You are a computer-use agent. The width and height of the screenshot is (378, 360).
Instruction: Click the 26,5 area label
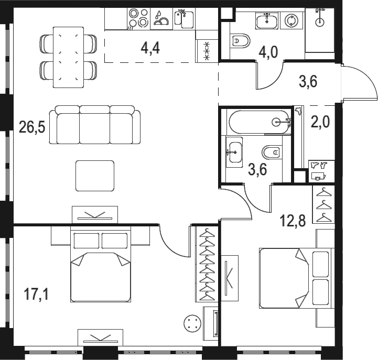pyautogui.click(x=32, y=127)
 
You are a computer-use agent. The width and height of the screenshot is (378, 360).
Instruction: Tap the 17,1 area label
pyautogui.click(x=36, y=294)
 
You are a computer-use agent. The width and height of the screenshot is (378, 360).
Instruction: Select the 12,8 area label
pyautogui.click(x=293, y=221)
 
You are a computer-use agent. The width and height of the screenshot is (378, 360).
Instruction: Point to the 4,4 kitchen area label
pyautogui.click(x=150, y=48)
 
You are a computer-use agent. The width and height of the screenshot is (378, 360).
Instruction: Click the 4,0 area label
pyautogui.click(x=268, y=52)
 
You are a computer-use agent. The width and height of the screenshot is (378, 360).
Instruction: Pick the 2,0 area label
pyautogui.click(x=320, y=122)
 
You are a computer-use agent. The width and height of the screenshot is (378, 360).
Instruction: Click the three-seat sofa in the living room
pyautogui.click(x=95, y=125)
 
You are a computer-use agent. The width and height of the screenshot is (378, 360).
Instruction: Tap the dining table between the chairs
pyautogui.click(x=69, y=57)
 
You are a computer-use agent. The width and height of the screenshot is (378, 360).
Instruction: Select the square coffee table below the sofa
pyautogui.click(x=95, y=176)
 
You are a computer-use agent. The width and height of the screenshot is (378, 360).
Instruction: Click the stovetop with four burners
pyautogui.click(x=138, y=18)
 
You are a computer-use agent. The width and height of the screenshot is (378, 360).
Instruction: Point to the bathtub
pyautogui.click(x=260, y=122)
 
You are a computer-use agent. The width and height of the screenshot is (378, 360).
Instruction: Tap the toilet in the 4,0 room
pyautogui.click(x=240, y=41)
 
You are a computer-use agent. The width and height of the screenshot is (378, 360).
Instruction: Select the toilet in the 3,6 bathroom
pyautogui.click(x=272, y=152)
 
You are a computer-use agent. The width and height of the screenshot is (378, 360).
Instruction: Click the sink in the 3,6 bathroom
pyautogui.click(x=234, y=152)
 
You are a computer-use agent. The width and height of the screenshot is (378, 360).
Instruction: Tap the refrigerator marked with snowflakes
pyautogui.click(x=207, y=51)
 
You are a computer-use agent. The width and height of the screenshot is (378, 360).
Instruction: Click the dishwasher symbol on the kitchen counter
pyautogui.click(x=161, y=19)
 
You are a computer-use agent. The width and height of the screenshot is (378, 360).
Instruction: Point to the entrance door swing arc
pyautogui.click(x=369, y=80)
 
